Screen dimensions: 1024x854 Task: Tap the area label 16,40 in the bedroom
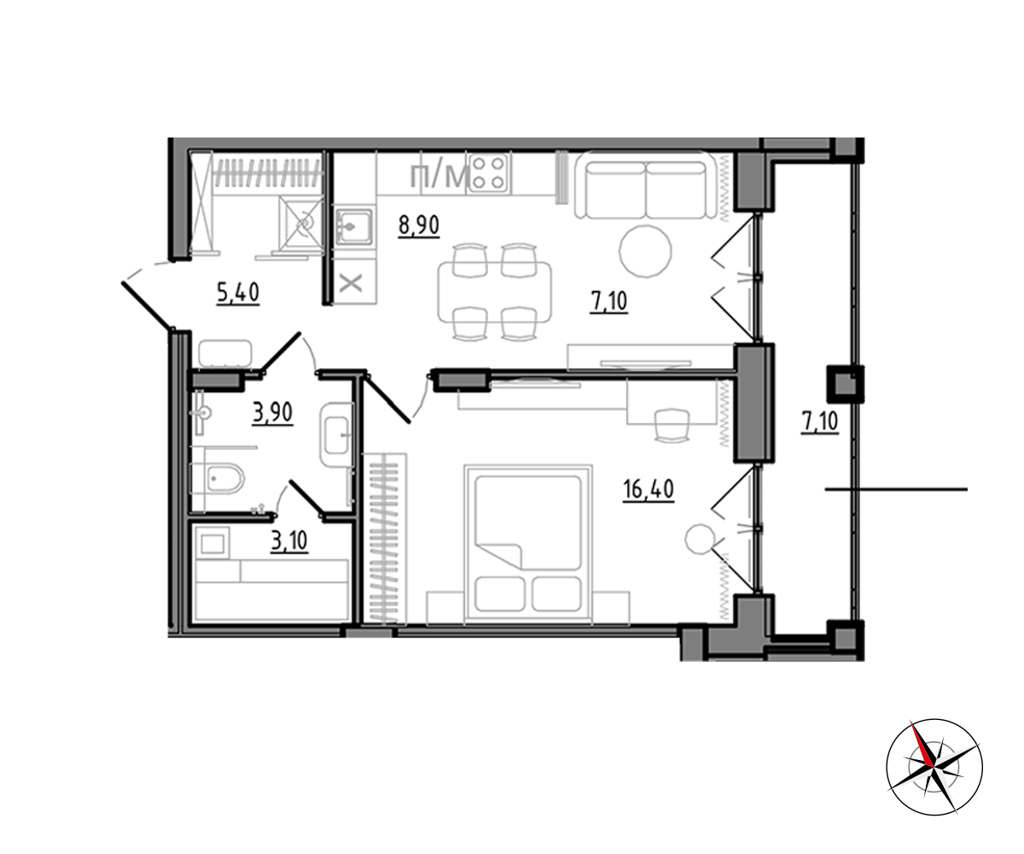coord(649,489)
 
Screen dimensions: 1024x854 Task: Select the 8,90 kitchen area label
coord(419,225)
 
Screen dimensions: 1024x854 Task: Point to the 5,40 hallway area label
coord(238,293)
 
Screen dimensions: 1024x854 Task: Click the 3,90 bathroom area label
coord(273,412)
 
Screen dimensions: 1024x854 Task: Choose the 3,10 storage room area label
coord(289,541)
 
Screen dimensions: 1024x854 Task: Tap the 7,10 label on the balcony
coord(820,422)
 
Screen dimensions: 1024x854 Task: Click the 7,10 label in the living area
coord(608,301)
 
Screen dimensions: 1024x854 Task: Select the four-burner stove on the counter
coord(489,173)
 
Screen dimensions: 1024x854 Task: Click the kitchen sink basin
coord(353,225)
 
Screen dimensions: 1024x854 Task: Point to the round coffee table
coord(645,251)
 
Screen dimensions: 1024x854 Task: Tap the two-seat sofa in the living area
coord(646,185)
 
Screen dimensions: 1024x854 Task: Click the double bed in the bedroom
coord(528,544)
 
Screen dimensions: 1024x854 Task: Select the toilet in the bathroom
coord(218,478)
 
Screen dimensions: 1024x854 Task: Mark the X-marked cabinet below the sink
coord(351,283)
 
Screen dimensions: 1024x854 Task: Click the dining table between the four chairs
coord(494,292)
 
